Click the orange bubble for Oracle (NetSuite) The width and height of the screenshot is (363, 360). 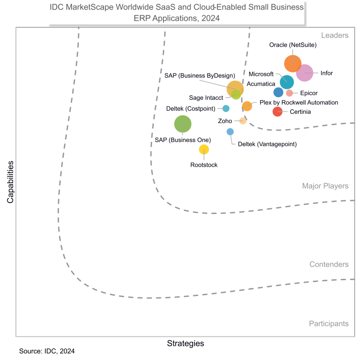[x=293, y=63]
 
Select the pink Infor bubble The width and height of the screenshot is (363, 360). [x=304, y=73]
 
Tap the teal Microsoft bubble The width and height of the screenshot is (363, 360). [x=287, y=82]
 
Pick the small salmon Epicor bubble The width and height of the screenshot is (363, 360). [x=289, y=93]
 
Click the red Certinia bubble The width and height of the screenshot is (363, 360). [x=277, y=112]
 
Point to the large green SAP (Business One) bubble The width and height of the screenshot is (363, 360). [x=183, y=124]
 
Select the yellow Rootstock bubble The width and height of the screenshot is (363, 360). [x=204, y=150]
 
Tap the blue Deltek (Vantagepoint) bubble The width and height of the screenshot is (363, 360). [x=230, y=131]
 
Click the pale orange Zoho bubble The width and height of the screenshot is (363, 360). [x=243, y=121]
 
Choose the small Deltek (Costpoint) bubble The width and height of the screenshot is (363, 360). [x=226, y=108]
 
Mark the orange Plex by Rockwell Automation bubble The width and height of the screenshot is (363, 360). [x=247, y=106]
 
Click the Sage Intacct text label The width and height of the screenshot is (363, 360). [x=206, y=97]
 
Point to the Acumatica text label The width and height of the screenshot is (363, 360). [x=261, y=84]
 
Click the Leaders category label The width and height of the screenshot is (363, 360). [x=334, y=35]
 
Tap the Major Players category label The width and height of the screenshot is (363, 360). [x=325, y=186]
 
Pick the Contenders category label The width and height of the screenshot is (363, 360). [x=329, y=264]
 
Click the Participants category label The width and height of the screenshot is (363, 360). [x=329, y=323]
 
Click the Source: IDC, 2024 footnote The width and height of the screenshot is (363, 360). [x=47, y=351]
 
